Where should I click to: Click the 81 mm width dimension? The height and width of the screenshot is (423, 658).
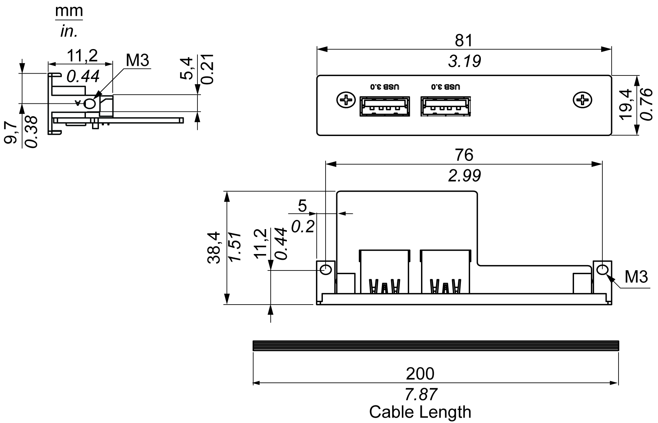click(464, 40)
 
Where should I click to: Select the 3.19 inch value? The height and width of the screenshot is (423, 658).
click(464, 61)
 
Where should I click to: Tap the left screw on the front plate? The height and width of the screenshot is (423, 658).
click(346, 101)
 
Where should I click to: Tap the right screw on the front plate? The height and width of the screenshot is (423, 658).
click(582, 101)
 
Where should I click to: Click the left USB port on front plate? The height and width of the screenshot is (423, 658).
click(385, 106)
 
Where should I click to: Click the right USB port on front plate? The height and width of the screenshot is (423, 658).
click(446, 106)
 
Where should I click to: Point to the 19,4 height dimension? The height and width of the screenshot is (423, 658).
click(626, 104)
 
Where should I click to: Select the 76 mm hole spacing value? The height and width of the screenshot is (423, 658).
click(464, 155)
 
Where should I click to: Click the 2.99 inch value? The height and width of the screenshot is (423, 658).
click(464, 176)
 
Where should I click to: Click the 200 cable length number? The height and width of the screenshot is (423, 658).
click(420, 374)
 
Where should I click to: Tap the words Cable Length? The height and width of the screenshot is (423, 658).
click(420, 412)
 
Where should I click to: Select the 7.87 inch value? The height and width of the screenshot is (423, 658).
click(421, 394)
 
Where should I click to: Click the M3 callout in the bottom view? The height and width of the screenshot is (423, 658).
click(636, 277)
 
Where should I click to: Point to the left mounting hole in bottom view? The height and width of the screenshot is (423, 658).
click(326, 269)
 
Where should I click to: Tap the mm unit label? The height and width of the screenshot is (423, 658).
click(69, 11)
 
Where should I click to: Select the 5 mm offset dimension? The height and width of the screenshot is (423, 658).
click(302, 206)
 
